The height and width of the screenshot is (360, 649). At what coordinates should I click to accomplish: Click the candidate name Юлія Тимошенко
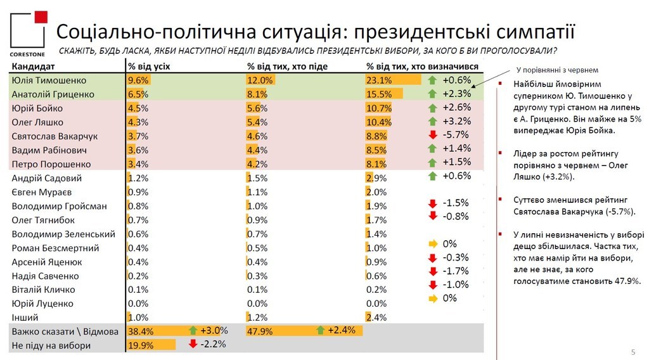pos(48,80)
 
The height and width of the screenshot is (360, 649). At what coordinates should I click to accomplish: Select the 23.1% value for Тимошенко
pos(379,80)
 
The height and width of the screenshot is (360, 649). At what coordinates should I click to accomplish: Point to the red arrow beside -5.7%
pos(433,136)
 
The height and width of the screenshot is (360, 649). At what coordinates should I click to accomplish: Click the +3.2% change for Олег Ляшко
pos(458,122)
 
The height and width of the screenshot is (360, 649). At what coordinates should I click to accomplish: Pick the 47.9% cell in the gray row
pos(259,331)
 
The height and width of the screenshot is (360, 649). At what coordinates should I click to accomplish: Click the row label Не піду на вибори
pos(51,345)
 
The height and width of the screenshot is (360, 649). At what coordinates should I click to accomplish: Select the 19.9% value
pos(141,345)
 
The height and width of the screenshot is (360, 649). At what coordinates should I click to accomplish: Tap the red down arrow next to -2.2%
pos(193,344)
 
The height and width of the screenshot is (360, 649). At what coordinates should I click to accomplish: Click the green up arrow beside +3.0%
pos(193,330)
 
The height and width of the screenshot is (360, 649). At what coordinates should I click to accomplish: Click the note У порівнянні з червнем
pos(557,70)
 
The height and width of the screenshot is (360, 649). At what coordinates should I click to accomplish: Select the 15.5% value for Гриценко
pos(379,94)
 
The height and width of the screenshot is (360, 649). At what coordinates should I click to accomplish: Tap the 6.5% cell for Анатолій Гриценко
pos(138,94)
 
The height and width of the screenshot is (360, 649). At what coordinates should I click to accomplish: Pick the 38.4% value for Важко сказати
pos(141,331)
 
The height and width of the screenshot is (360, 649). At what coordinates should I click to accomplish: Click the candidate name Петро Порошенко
pos(51,164)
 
